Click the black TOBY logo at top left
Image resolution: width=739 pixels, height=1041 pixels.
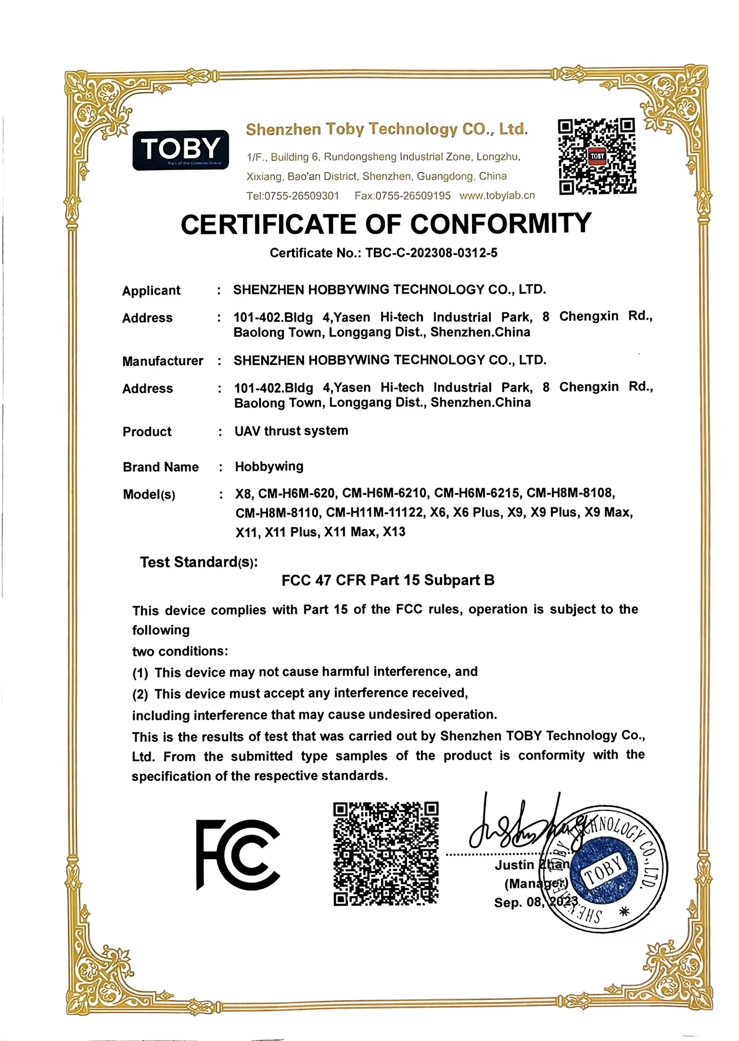coord(180,150)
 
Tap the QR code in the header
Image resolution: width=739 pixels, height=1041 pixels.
coord(597,156)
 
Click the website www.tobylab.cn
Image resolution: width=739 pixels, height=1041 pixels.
coord(497,195)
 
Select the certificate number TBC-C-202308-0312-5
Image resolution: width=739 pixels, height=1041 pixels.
coord(431,253)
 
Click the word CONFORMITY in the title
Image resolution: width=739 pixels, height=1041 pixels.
coord(501,224)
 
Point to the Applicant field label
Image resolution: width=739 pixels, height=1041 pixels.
coord(151,290)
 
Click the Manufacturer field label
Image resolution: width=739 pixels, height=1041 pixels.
coord(163,361)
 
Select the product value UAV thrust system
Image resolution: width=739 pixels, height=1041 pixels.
coord(292,431)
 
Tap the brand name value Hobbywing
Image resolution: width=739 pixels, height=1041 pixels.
coord(269,466)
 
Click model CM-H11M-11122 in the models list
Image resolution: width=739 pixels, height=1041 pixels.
coord(374,512)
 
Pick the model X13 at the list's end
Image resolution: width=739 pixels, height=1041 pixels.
coord(394,532)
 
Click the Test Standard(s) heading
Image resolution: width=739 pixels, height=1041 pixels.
coord(199,562)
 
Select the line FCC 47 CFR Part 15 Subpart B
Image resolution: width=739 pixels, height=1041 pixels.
coord(388,580)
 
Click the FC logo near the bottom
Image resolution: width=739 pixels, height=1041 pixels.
coord(238,854)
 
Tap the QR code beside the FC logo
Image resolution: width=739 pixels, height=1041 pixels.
coord(386,853)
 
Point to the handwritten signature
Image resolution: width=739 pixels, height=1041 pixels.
coord(527,824)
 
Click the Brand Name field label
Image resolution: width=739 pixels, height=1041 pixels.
coord(161,467)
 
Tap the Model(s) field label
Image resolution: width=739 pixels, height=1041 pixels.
coord(149,494)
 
